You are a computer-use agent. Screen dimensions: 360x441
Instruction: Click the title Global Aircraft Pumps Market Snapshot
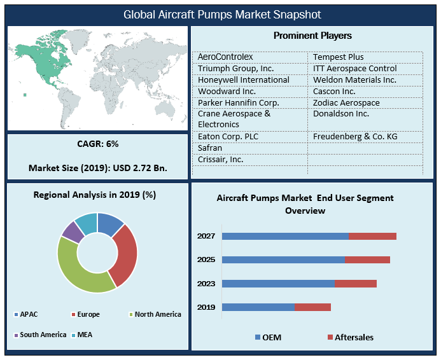222,14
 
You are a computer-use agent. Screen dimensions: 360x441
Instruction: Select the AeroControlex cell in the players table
227,57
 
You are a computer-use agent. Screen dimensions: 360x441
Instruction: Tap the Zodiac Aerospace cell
346,102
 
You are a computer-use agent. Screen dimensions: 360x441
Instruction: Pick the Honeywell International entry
244,80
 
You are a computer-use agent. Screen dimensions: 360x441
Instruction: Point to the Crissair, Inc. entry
221,159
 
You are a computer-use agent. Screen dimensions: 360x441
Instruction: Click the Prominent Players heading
312,36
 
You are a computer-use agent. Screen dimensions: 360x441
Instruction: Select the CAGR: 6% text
97,144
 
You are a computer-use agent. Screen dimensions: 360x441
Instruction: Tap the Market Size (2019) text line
97,169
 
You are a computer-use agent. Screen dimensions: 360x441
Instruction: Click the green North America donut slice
80,267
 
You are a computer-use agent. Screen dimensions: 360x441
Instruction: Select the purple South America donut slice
71,232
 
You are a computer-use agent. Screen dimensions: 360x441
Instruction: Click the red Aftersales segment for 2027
372,236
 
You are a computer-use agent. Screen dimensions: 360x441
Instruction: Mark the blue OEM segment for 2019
258,307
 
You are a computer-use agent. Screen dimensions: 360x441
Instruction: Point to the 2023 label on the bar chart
206,284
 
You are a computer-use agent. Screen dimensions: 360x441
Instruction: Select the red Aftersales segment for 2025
367,260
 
